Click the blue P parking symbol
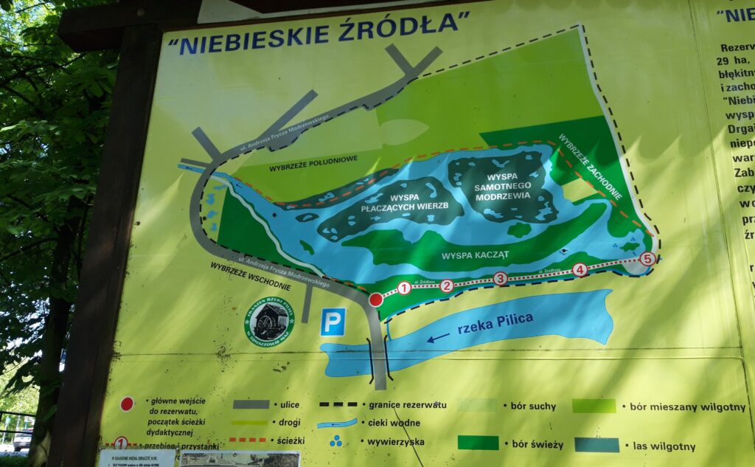coord(333,322)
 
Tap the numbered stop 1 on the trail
coord(404,288)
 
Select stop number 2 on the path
coord(447,286)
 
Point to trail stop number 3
coord(500,278)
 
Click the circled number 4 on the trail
coord(580,270)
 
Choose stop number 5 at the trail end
coord(647,259)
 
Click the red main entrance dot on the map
coord(376,300)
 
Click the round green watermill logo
coord(269,321)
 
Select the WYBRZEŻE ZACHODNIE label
coord(590,167)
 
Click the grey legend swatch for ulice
coord(251,404)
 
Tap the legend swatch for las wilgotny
coord(597,445)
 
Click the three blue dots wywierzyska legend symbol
coord(335,441)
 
